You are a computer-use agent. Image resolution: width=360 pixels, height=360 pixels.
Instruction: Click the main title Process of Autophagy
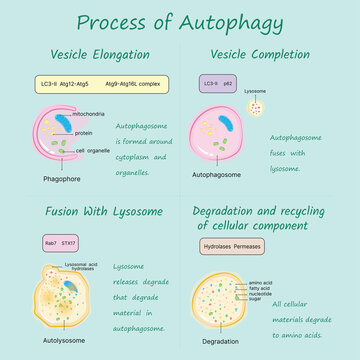pyautogui.click(x=180, y=21)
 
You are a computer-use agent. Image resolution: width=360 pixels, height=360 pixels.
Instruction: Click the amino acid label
pyautogui.click(x=259, y=284)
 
